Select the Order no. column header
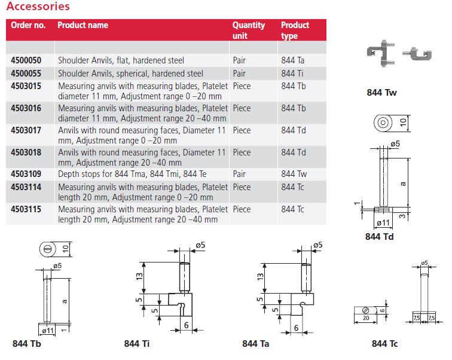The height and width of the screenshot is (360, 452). [x=28, y=25]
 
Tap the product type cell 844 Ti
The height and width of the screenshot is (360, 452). [x=293, y=74]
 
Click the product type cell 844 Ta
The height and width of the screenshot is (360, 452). [x=293, y=60]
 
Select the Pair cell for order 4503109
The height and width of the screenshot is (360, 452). [x=239, y=174]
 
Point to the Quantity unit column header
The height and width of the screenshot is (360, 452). [x=248, y=30]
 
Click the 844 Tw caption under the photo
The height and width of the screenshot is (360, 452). [x=381, y=93]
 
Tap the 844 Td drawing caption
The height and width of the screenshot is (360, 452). [x=380, y=237]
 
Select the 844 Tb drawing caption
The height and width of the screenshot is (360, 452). [x=26, y=344]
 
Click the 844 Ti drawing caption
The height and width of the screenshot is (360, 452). [x=137, y=344]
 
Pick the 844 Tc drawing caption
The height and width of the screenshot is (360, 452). [x=384, y=343]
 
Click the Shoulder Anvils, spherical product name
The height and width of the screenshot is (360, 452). [x=130, y=74]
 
